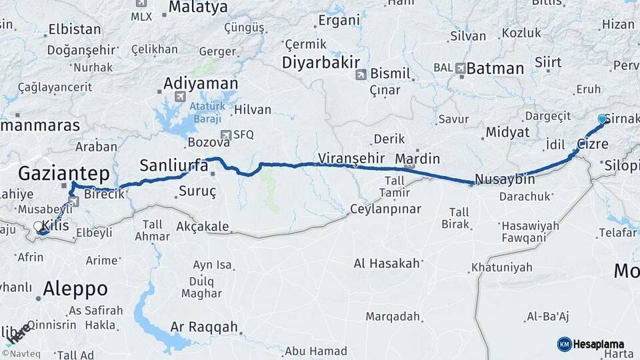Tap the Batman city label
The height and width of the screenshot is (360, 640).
coord(495,68)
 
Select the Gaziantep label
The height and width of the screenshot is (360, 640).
coord(63,174)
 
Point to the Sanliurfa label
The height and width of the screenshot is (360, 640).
coord(174,165)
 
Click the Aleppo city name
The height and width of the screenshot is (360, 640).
coord(75,289)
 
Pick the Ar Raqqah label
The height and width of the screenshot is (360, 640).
coord(204,327)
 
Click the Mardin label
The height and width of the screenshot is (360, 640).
coord(418,159)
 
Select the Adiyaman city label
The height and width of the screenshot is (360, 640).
coord(201,83)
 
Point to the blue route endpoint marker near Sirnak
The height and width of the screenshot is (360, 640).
coord(602,119)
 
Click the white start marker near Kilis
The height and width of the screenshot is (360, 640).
coord(38,227)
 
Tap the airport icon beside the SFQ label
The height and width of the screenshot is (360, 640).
coord(226,134)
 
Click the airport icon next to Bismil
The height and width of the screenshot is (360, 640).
coord(361,74)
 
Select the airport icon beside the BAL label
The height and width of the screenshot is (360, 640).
coord(460,68)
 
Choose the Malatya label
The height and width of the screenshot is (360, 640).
coord(198,7)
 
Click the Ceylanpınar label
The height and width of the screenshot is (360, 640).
coord(386,209)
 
